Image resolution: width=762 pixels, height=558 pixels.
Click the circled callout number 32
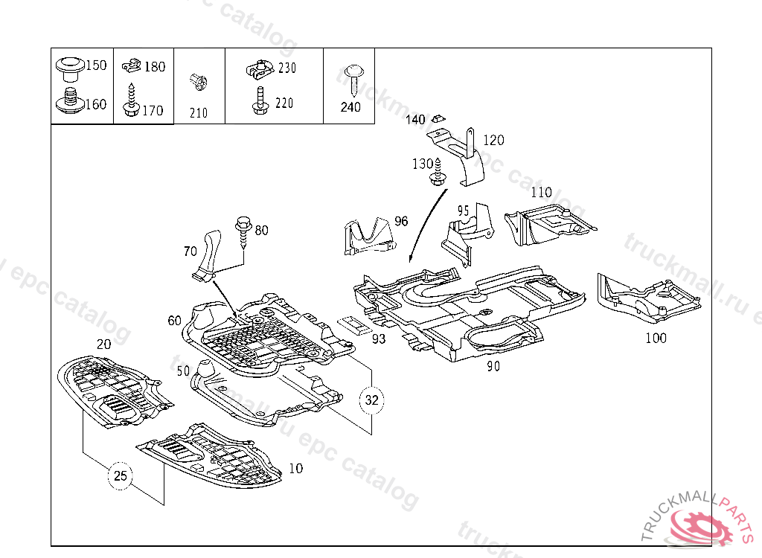click(372, 400)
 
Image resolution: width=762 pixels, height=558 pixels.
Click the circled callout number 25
click(121, 476)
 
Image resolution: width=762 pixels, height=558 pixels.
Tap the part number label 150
click(96, 65)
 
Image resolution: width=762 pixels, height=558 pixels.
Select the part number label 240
click(350, 107)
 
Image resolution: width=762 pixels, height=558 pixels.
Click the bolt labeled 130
click(438, 173)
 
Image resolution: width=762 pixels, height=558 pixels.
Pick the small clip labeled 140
click(438, 117)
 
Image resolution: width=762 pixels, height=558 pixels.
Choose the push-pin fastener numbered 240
click(353, 77)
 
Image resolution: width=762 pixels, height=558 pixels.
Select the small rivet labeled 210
click(198, 81)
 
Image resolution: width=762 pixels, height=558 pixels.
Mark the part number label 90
click(493, 366)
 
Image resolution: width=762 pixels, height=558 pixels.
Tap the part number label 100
click(656, 338)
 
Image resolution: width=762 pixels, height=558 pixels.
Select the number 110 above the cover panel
click(541, 193)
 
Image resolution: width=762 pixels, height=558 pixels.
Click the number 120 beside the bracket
click(493, 140)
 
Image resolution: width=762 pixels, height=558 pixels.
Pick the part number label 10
click(296, 469)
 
